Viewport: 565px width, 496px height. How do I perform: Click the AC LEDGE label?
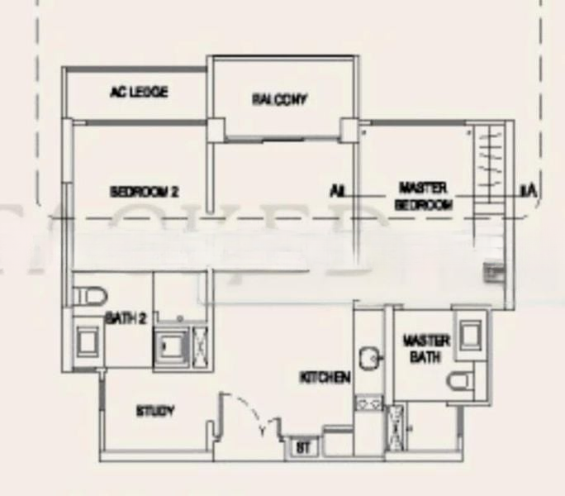(139, 93)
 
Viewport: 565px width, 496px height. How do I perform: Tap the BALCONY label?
(280, 100)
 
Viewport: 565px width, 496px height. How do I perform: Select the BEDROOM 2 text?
(145, 192)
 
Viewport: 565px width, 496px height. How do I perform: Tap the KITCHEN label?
(325, 378)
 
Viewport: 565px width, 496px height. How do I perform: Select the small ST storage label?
(302, 448)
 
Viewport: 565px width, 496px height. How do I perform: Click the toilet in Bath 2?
(87, 296)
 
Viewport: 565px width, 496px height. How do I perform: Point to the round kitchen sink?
(369, 358)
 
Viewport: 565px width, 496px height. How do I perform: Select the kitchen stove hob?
(368, 403)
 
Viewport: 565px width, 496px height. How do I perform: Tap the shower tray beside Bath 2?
(173, 347)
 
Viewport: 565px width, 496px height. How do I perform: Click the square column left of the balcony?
(215, 129)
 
